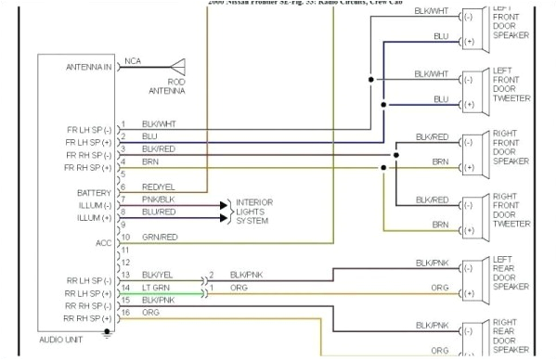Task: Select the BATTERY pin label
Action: [x=94, y=192]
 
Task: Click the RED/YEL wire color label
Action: [x=158, y=186]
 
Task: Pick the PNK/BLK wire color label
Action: [x=158, y=199]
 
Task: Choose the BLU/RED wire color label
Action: [x=158, y=212]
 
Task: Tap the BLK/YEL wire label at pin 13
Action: [x=157, y=276]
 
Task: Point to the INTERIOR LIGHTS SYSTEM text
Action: [x=253, y=211]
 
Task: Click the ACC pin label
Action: [x=102, y=242]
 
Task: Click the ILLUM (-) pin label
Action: [x=91, y=205]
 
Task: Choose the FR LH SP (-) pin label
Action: [x=88, y=128]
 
